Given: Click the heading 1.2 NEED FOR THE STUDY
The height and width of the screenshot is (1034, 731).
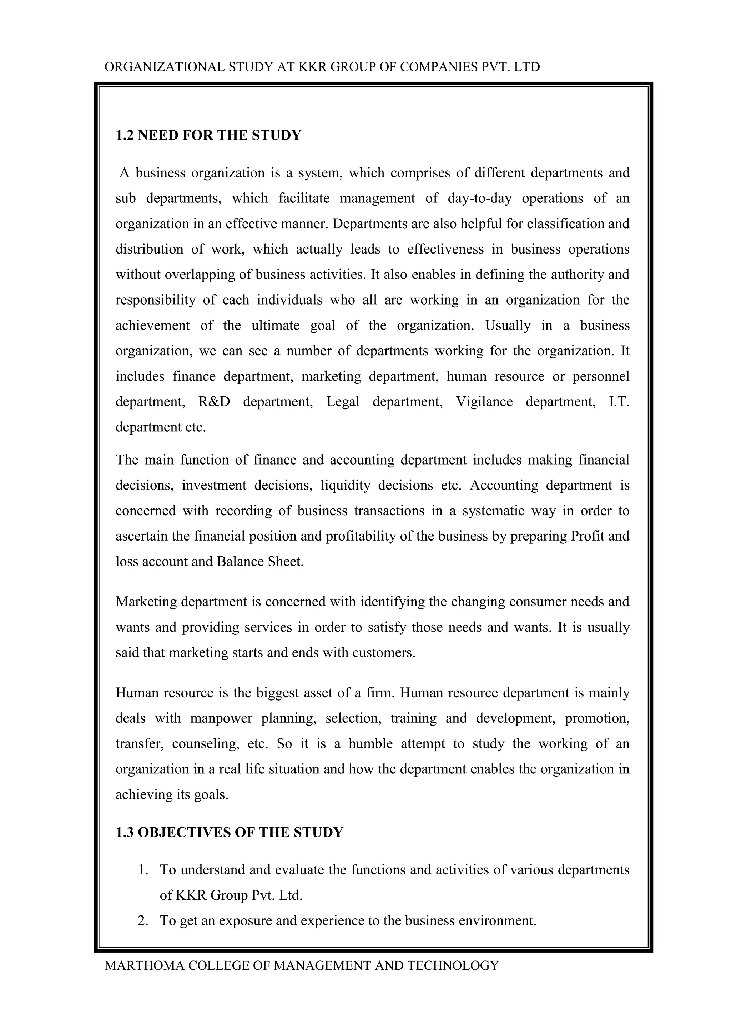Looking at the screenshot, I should tap(208, 135).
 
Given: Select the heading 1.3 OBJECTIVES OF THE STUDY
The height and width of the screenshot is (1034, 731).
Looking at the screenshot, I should tap(229, 832).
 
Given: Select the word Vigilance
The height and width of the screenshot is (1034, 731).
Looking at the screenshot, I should tap(484, 401).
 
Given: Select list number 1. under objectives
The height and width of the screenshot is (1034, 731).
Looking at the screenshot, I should tap(143, 870).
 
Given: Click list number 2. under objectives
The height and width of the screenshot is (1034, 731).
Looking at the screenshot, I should tap(143, 921).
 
